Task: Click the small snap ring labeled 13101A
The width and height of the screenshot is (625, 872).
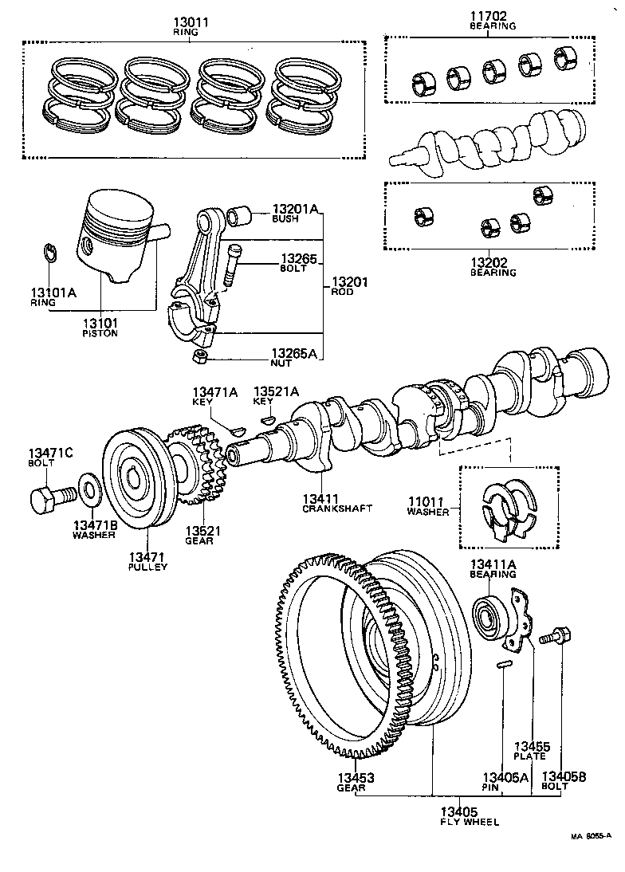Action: tap(49, 254)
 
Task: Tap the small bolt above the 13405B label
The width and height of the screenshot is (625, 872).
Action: tap(551, 637)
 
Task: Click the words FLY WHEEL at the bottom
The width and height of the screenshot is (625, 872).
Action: tap(470, 821)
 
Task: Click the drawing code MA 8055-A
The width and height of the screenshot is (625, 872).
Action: tap(590, 836)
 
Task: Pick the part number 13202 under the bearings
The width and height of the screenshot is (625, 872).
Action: tap(492, 261)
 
